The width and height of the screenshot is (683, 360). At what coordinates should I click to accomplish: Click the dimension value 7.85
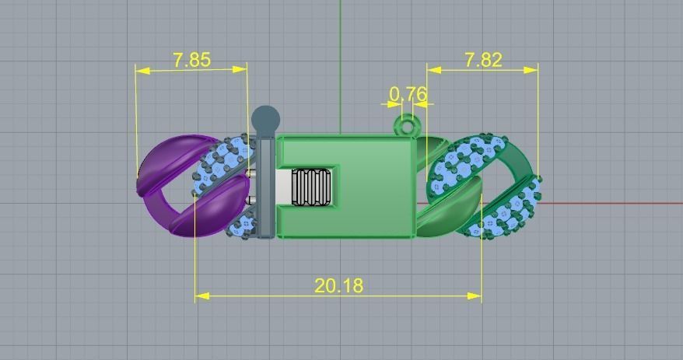click(191, 60)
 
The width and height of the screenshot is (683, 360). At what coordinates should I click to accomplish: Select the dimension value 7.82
click(483, 60)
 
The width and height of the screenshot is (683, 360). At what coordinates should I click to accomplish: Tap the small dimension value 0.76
click(408, 94)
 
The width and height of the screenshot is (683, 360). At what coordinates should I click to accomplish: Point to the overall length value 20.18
click(338, 285)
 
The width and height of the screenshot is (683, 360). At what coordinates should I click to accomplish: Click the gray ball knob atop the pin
click(265, 119)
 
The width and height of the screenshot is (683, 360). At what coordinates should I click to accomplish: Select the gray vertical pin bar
click(265, 187)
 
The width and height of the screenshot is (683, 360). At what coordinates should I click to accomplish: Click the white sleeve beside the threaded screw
click(283, 187)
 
